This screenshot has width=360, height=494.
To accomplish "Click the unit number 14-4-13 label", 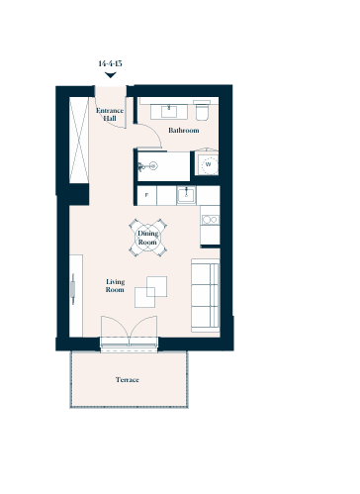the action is coord(110,63).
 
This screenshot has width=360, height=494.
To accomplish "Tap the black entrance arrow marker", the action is coord(111,75).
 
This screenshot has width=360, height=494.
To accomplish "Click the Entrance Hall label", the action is coord(110,114).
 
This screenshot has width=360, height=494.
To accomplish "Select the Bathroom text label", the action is coord(184,131).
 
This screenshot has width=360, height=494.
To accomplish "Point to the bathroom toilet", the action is coord(202,111).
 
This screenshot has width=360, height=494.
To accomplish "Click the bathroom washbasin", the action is coord(169,112).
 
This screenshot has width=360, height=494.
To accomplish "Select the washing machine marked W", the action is coord(207,163).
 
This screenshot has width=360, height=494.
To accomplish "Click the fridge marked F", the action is coord(146,195).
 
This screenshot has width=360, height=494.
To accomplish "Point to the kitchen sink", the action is coord(186,195).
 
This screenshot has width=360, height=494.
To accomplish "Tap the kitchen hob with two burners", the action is coord(210,220).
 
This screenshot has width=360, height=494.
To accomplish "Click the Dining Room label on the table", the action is coord(147,238).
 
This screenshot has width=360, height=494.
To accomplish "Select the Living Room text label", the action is coord(115,286).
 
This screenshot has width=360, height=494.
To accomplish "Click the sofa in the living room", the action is coord(206,295).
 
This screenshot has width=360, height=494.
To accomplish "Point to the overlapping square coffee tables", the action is coord(150,292).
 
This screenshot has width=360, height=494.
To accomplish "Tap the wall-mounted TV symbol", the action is coord(73,289).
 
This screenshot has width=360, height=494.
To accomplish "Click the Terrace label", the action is coord(128,380).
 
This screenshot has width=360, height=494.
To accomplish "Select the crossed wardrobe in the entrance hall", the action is coord(79,140).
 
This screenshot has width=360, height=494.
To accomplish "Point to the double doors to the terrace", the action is coord(129,331).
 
